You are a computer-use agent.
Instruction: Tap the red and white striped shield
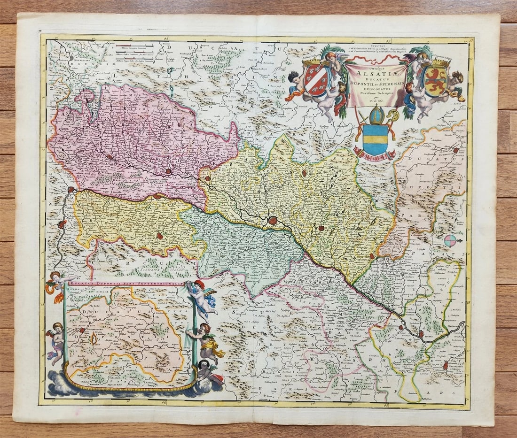pyautogui.click(x=316, y=80)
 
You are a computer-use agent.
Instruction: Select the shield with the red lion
pyautogui.click(x=435, y=80)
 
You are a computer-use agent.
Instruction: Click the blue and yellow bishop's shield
pyautogui.click(x=375, y=139)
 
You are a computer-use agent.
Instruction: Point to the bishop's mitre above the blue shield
pyautogui.click(x=376, y=115)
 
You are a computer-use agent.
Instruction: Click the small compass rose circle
pyautogui.click(x=450, y=240)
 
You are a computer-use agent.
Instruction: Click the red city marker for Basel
pyautogui.click(x=71, y=190)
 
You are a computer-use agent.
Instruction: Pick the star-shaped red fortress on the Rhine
pyautogui.click(x=273, y=220)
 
